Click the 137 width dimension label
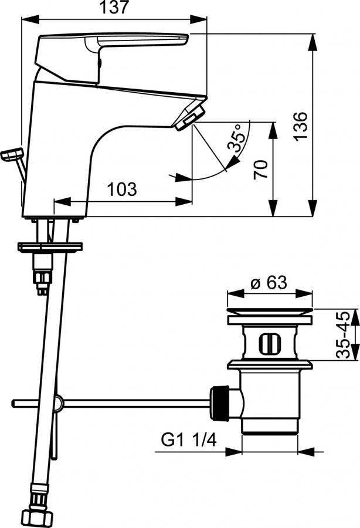click(114, 7)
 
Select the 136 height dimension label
click(300, 126)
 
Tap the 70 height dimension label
click(261, 170)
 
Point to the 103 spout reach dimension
click(122, 189)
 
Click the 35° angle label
click(236, 137)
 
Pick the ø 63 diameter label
click(269, 282)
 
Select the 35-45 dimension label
click(343, 334)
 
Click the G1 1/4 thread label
click(189, 440)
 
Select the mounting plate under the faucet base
click(50, 247)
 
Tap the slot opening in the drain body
click(269, 344)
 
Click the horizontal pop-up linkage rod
click(111, 403)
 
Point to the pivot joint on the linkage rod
click(58, 402)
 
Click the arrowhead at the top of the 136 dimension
click(313, 42)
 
